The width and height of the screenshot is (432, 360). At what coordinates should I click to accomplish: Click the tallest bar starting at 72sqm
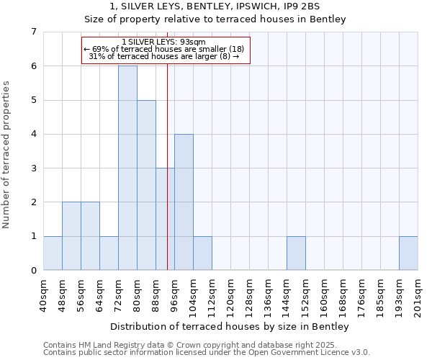coord(127,168)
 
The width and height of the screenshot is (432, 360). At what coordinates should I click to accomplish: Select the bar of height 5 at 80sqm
coord(146,185)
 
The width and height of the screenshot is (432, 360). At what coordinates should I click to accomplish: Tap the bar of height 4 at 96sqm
coord(184,202)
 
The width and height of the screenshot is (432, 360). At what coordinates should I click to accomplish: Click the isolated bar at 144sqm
coord(296,253)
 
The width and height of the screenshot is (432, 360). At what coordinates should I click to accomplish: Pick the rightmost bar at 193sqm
coord(408,253)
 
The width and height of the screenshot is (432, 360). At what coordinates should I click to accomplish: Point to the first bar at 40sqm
coord(53,253)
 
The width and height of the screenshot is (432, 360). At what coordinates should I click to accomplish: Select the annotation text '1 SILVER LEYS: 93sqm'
coord(165,42)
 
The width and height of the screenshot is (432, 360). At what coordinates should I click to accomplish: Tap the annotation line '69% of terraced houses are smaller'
coord(165,49)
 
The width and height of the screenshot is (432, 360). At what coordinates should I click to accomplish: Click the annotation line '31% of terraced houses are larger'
coord(165,56)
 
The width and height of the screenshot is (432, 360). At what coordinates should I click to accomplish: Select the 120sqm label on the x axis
coord(231,296)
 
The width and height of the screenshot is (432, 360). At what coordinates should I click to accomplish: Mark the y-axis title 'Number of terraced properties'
coord(7,154)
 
